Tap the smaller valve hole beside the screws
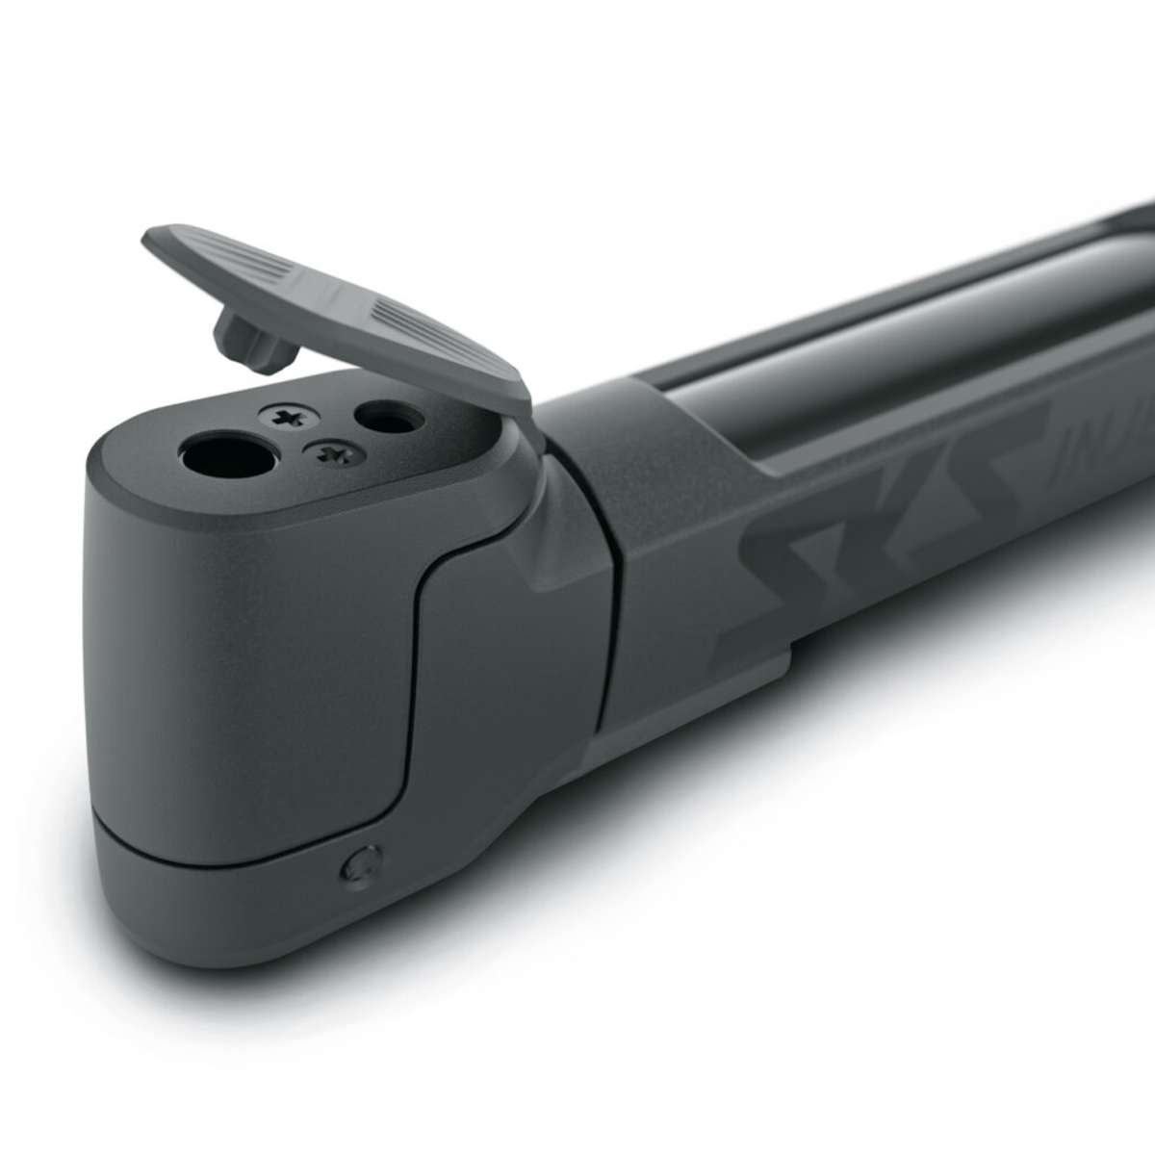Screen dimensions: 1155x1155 (x=389, y=418)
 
